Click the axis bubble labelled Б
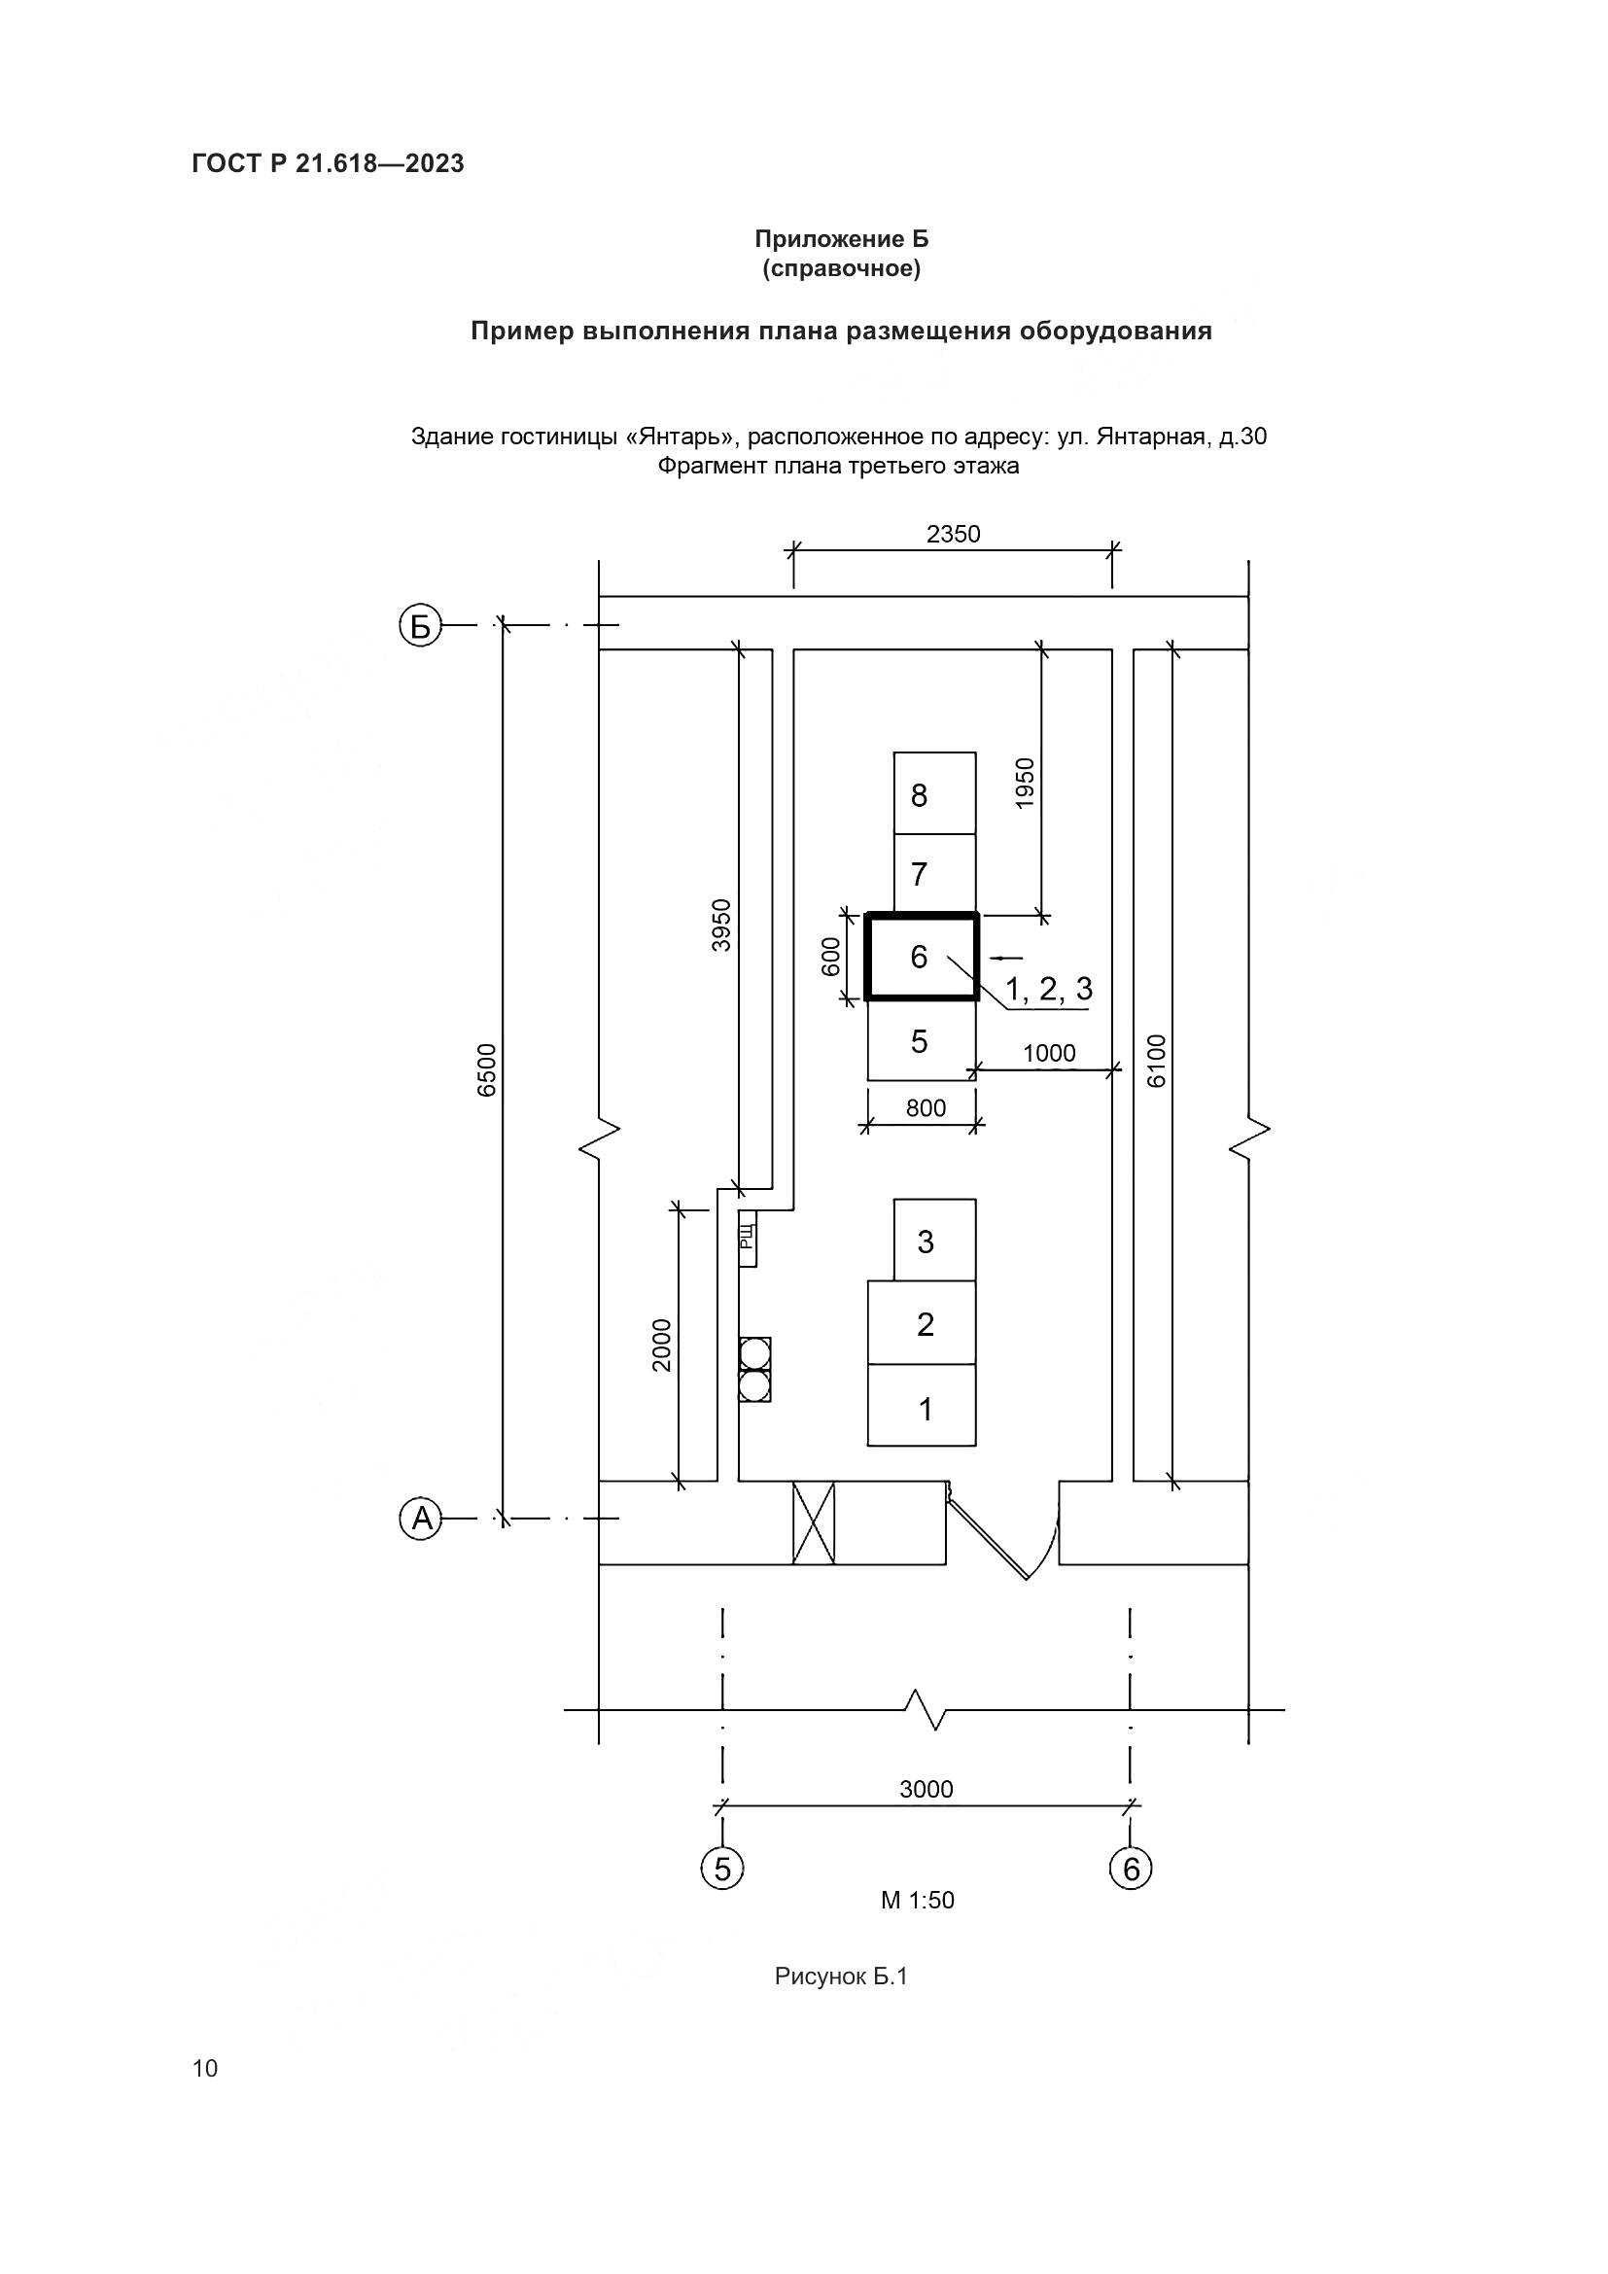point(420,626)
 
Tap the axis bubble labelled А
point(421,1519)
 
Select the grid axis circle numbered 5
point(722,1869)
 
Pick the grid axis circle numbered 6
point(1131,1869)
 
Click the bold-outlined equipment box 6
point(922,958)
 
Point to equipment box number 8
point(934,793)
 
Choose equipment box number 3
point(934,1240)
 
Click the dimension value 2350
point(954,535)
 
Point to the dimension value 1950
point(1026,784)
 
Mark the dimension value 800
point(926,1108)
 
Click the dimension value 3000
point(926,1790)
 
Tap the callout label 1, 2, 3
point(1050,989)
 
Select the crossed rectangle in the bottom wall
point(814,1523)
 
